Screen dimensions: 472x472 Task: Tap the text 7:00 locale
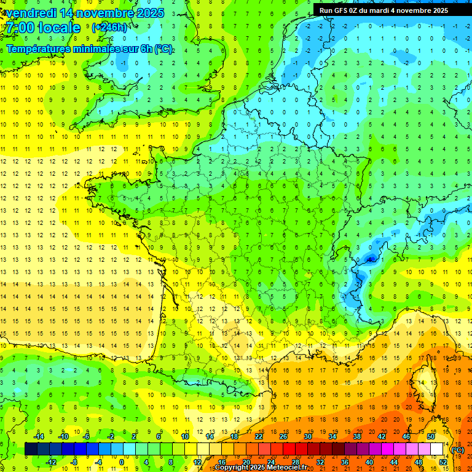coord(42,28)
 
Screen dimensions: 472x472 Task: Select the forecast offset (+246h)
coord(109,28)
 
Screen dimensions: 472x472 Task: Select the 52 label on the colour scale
coord(443,462)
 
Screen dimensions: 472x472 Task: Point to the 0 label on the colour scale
coord(121,462)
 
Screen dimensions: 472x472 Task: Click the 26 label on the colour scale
coord(283,436)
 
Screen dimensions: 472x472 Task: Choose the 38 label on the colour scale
coord(357,436)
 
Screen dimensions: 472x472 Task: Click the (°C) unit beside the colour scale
coord(457,449)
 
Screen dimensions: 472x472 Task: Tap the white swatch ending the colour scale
coord(437,449)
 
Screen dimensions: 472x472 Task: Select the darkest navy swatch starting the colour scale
coord(31,449)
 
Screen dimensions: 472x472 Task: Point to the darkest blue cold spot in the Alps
coord(369,259)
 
